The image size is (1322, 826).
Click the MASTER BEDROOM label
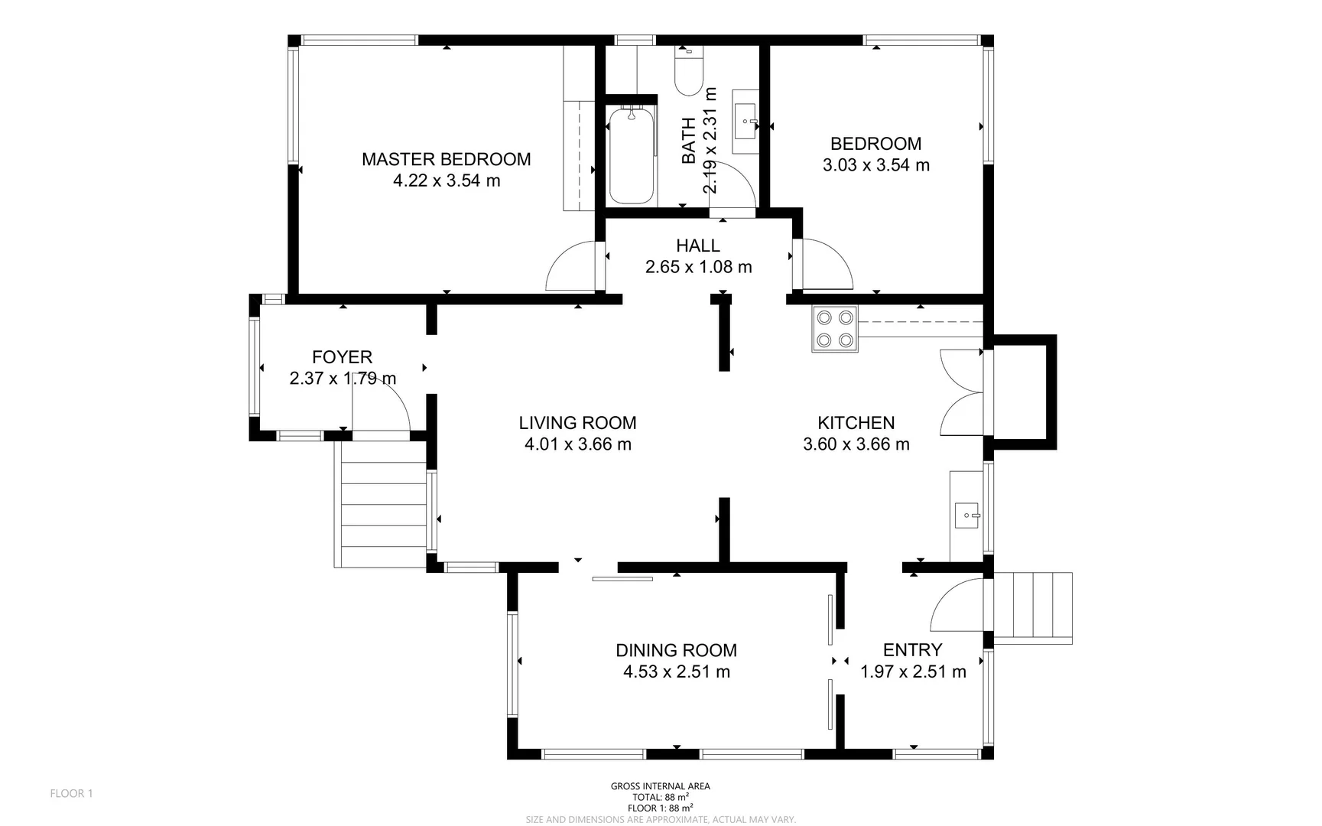pos(446,159)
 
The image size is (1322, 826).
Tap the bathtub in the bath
pos(632,155)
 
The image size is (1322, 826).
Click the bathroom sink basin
pos(745,122)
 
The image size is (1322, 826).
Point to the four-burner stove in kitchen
pos(835,329)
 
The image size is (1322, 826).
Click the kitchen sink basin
pos(967,516)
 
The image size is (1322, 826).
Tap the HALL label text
pos(697,246)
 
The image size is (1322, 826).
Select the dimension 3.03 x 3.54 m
pos(875,165)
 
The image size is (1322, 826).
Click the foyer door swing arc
pos(382,405)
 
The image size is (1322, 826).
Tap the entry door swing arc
pos(956,604)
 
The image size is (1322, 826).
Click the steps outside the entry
pos(1032,606)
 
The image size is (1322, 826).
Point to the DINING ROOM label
pos(676,650)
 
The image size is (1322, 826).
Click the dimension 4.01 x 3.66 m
pos(577,444)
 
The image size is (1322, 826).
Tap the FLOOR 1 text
pos(71,793)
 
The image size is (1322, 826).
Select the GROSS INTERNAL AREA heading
pos(660,786)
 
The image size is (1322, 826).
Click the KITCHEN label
pos(856,423)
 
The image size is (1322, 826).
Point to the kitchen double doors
pos(962,393)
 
